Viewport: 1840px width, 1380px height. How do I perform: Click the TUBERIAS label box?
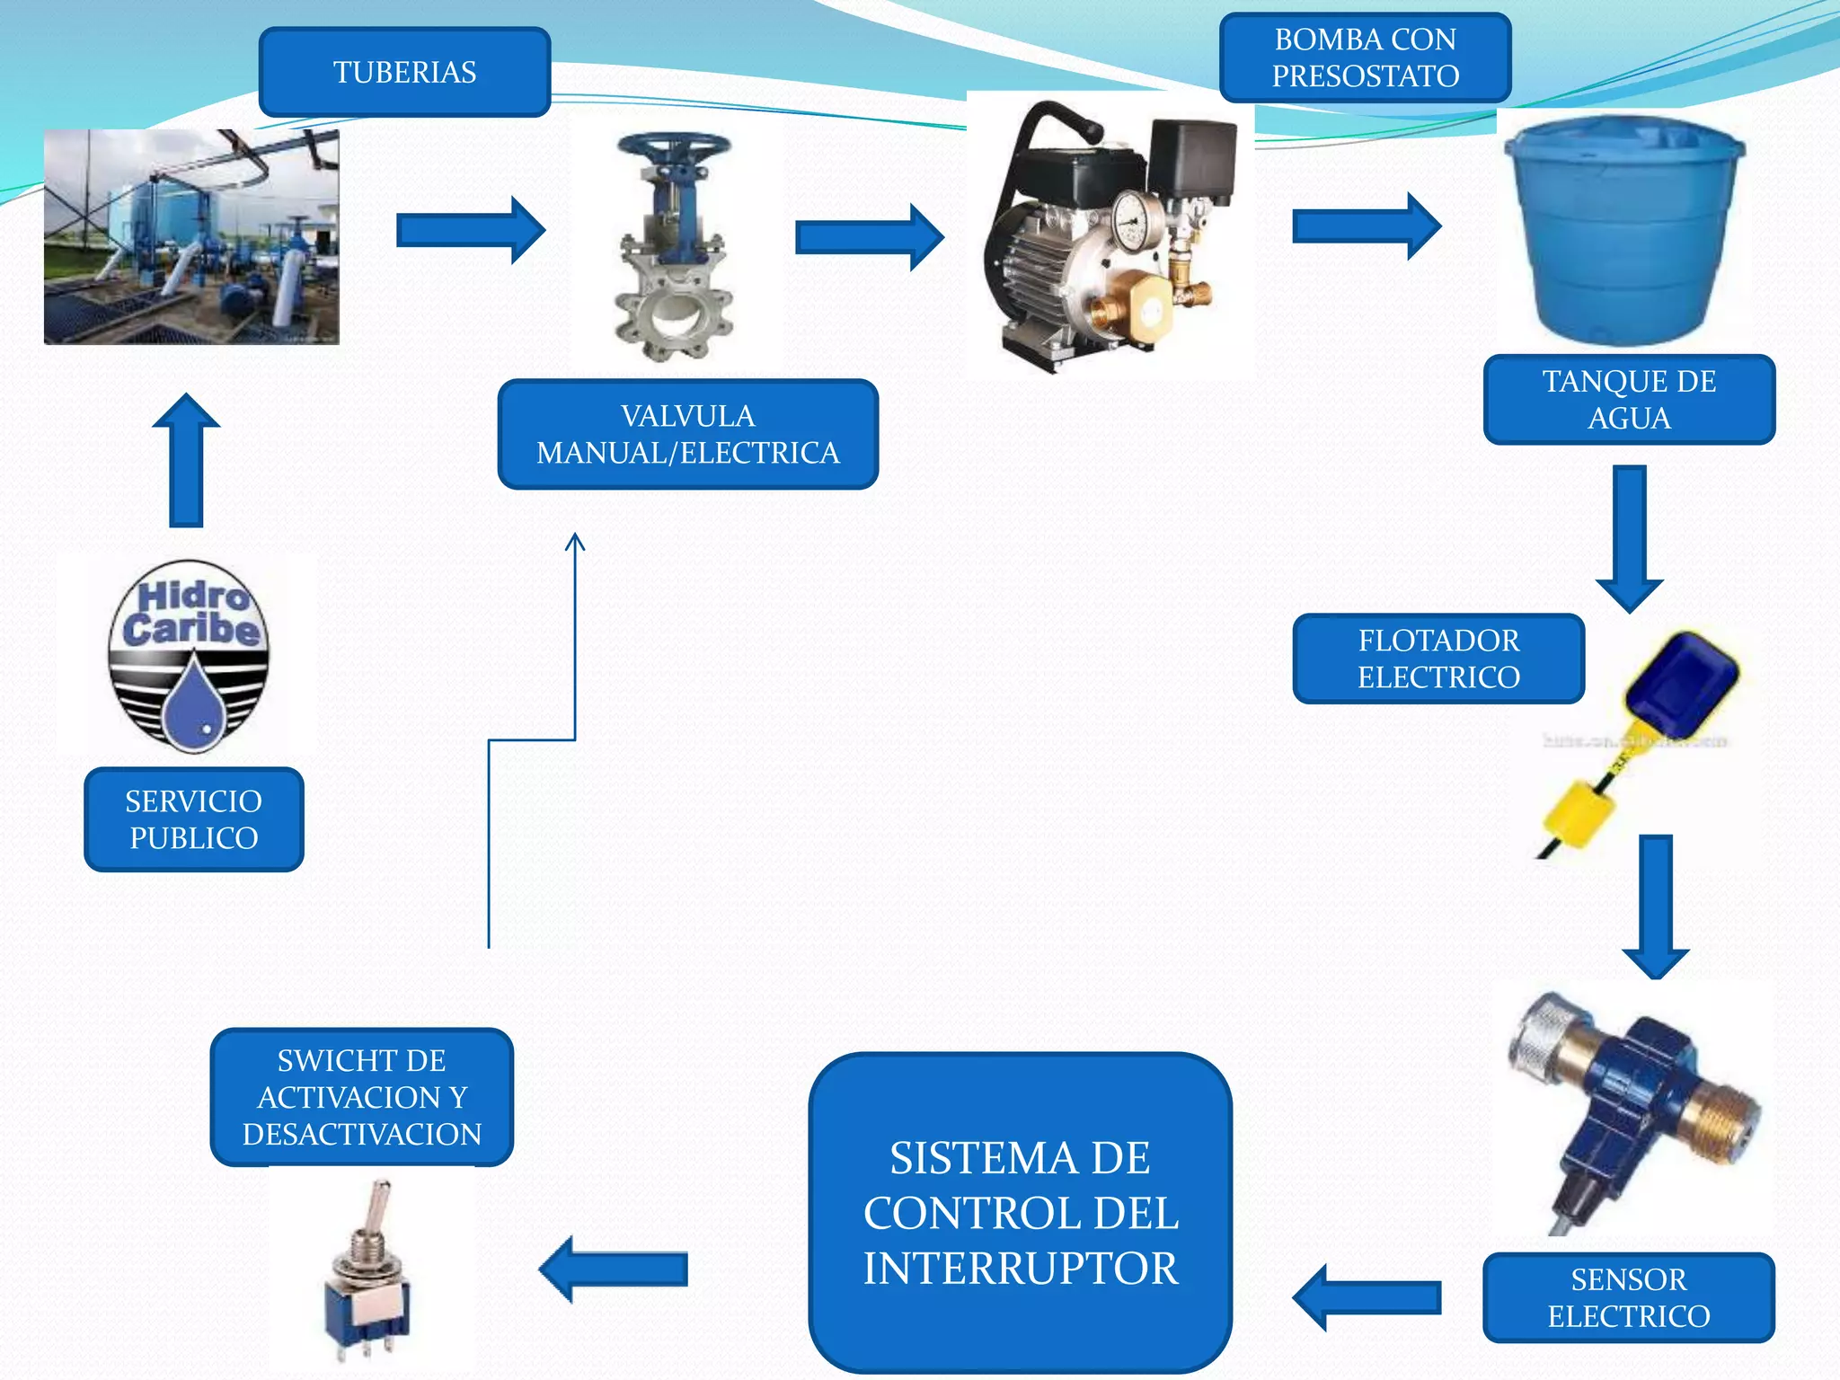click(404, 72)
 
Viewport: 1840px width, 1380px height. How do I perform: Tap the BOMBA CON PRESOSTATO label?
click(1365, 57)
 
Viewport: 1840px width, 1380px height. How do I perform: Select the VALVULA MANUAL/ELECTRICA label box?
click(687, 434)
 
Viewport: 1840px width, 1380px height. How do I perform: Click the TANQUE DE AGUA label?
click(1629, 400)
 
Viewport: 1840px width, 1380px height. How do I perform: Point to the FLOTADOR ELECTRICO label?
click(1438, 659)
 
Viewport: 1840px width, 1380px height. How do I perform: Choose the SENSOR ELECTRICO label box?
click(1628, 1297)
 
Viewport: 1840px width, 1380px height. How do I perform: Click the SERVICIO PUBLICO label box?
click(193, 819)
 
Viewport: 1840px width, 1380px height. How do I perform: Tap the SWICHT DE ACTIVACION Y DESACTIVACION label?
click(361, 1097)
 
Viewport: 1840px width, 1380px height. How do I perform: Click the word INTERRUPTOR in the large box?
click(1021, 1269)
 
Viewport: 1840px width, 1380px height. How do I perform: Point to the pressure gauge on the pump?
click(1133, 218)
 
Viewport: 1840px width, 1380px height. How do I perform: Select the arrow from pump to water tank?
click(1366, 226)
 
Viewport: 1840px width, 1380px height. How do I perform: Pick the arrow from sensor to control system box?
click(1367, 1297)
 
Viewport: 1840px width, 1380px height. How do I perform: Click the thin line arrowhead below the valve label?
click(575, 541)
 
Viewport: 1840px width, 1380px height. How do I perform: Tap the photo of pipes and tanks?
click(191, 236)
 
